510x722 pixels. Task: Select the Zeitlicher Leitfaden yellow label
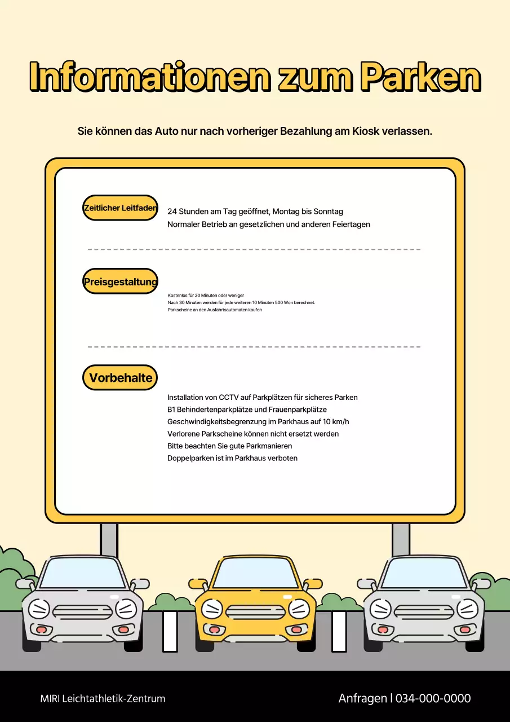click(x=120, y=208)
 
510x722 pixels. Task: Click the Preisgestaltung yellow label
click(x=120, y=281)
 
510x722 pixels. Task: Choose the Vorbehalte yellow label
click(x=120, y=378)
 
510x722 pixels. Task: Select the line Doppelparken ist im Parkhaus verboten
click(x=232, y=458)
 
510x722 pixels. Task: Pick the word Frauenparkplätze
click(x=298, y=410)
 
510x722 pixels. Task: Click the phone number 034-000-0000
click(x=433, y=698)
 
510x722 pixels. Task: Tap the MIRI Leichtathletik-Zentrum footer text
click(x=103, y=699)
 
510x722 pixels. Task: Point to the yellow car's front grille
click(x=255, y=612)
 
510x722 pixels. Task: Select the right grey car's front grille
click(x=424, y=612)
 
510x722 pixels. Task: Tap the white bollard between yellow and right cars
click(x=339, y=631)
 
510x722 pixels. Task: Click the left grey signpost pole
click(x=109, y=539)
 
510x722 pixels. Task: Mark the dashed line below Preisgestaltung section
click(x=254, y=347)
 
